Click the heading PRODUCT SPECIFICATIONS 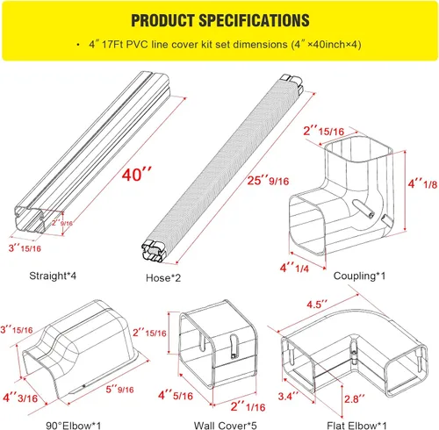220,20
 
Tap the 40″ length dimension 137,175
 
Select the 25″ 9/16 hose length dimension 268,181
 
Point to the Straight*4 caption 53,276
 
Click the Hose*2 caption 163,278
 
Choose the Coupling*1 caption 359,276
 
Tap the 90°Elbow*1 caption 74,426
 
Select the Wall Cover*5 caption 226,426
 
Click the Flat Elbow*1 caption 356,426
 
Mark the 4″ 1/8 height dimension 422,184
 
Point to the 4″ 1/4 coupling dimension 294,268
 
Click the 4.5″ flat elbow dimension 317,305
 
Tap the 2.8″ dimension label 355,399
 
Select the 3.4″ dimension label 288,397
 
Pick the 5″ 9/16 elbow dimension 119,390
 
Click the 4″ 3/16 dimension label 20,398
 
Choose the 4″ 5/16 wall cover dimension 176,396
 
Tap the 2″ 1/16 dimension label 248,407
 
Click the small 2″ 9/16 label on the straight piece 62,223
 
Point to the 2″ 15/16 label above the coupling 323,131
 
